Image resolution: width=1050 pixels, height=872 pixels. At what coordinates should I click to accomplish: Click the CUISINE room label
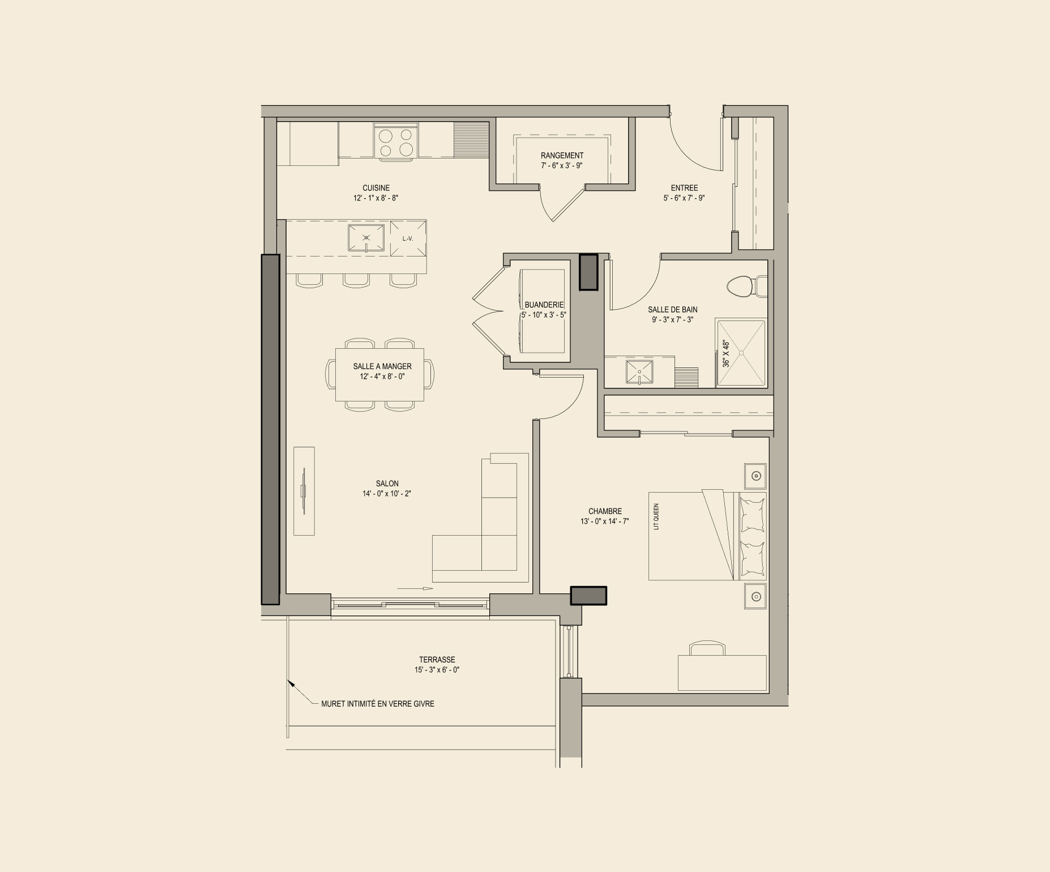click(376, 188)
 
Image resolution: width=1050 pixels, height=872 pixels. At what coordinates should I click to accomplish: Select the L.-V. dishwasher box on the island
click(408, 238)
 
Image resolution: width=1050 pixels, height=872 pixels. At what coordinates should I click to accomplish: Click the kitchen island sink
click(366, 238)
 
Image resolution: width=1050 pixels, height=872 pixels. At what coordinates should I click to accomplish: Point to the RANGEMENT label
click(562, 155)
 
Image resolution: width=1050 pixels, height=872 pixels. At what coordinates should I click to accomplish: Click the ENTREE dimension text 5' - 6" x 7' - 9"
click(684, 198)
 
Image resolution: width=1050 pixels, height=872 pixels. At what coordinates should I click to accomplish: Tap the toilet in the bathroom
click(746, 287)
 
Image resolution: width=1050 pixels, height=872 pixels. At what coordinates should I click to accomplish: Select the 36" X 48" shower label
click(727, 354)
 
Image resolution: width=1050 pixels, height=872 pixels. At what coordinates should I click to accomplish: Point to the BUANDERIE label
click(544, 305)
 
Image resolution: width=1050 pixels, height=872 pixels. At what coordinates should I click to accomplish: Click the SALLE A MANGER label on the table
click(382, 366)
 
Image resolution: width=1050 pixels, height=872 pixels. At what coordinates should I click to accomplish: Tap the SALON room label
click(387, 484)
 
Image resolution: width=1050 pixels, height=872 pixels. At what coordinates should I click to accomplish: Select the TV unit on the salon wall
click(304, 491)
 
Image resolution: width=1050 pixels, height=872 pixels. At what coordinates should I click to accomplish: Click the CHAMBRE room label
click(605, 511)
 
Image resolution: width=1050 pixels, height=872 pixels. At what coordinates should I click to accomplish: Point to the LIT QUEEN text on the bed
click(656, 516)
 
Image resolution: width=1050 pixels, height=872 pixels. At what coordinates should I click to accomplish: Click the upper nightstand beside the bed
click(756, 476)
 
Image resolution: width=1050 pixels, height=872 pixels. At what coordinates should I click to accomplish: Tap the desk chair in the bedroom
click(707, 649)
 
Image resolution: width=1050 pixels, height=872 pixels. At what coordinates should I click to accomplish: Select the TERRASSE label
click(437, 660)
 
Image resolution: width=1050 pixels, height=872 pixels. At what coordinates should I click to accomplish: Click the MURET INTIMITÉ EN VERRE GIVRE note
click(378, 704)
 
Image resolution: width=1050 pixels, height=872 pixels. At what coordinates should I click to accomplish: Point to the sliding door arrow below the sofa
click(415, 588)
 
